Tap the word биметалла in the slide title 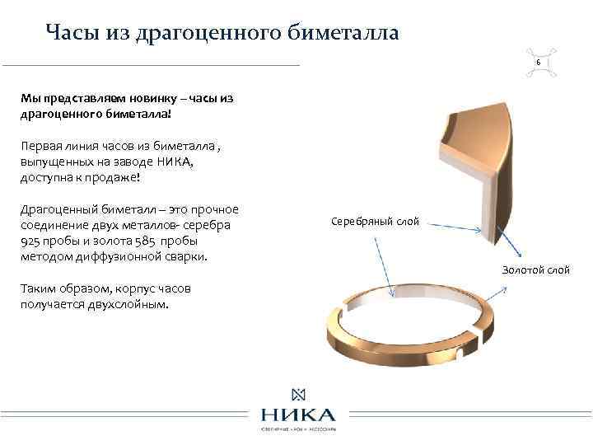tap(343, 32)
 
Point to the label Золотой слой tap(536, 270)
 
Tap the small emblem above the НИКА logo tap(297, 393)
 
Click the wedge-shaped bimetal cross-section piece tap(474, 165)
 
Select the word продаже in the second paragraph tap(100, 177)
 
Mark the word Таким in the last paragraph tap(38, 289)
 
